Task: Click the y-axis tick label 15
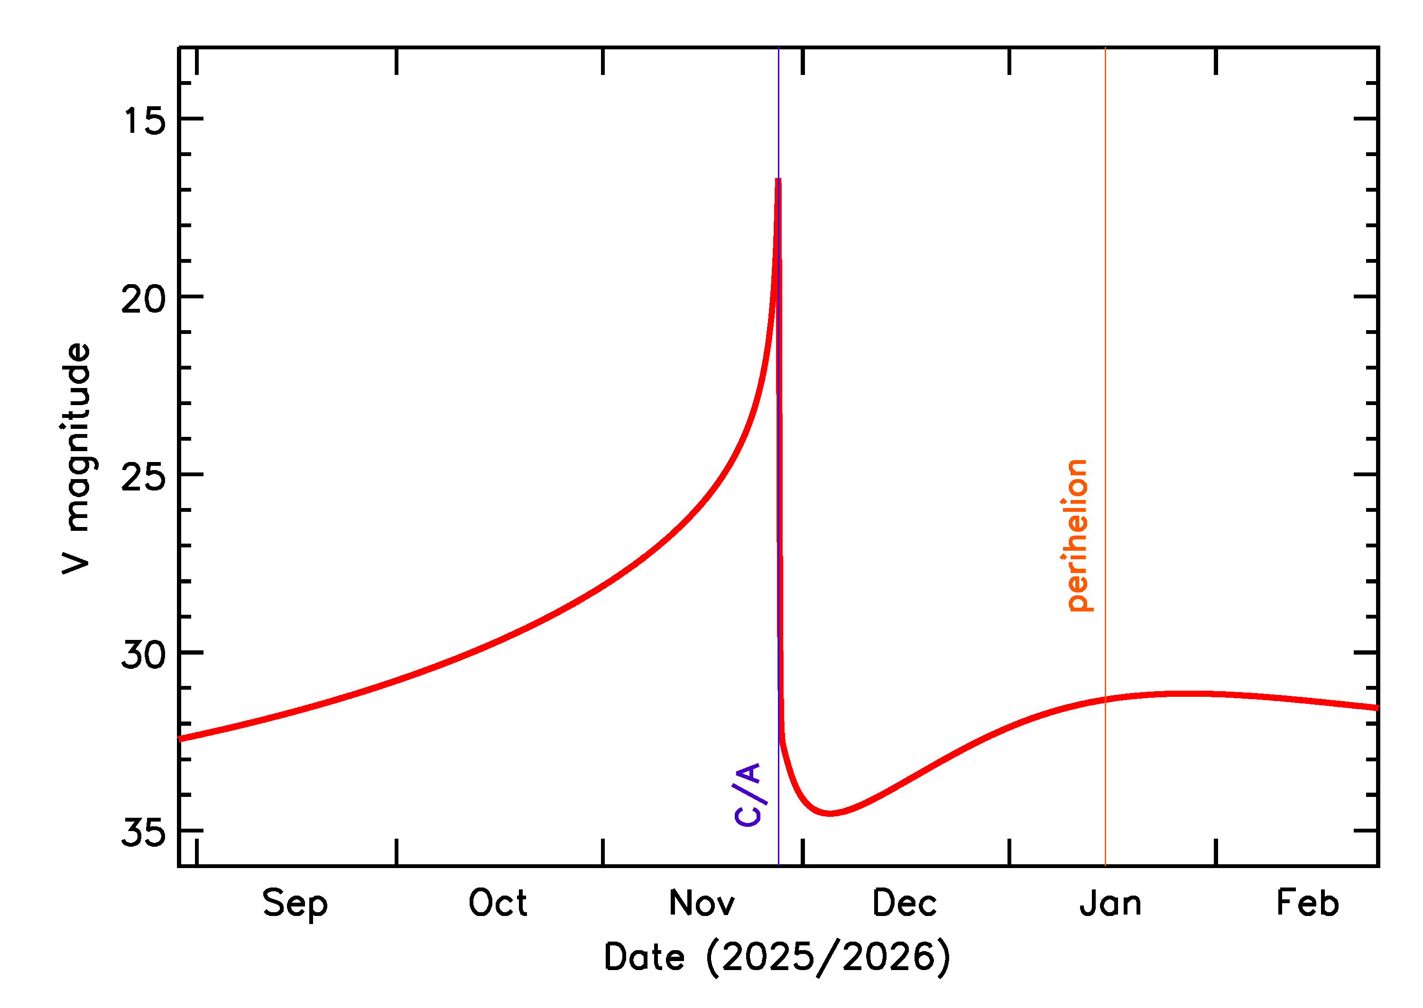click(144, 120)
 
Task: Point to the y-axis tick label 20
click(144, 298)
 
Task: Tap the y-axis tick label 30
click(144, 654)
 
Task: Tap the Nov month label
click(702, 903)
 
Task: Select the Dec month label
click(905, 903)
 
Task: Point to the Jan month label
click(1110, 903)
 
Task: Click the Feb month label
click(1308, 903)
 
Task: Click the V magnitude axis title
click(77, 458)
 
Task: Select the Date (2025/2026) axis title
click(777, 956)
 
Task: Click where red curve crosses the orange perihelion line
click(1105, 700)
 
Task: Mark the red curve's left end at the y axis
click(180, 739)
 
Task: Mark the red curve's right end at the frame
click(1377, 708)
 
